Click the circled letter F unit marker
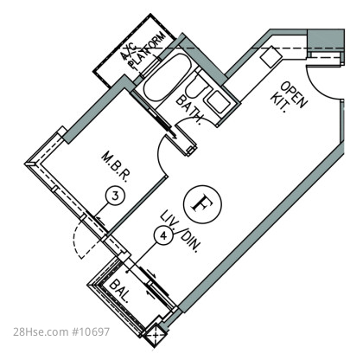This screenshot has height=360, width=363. click(x=202, y=204)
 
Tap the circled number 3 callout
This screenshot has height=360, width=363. click(x=115, y=196)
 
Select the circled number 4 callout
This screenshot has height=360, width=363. click(x=163, y=235)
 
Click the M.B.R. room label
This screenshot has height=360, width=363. click(x=115, y=168)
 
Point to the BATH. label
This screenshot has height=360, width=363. click(x=190, y=109)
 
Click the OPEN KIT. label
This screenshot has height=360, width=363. click(x=288, y=97)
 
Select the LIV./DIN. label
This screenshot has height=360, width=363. click(x=180, y=231)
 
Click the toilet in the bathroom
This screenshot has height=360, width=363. click(x=196, y=86)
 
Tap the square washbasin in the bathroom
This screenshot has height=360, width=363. click(x=218, y=102)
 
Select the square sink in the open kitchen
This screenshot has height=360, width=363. click(x=270, y=57)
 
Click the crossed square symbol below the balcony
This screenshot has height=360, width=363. click(x=156, y=335)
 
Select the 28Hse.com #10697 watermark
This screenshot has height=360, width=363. click(x=61, y=331)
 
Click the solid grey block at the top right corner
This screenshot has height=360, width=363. click(x=326, y=40)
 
